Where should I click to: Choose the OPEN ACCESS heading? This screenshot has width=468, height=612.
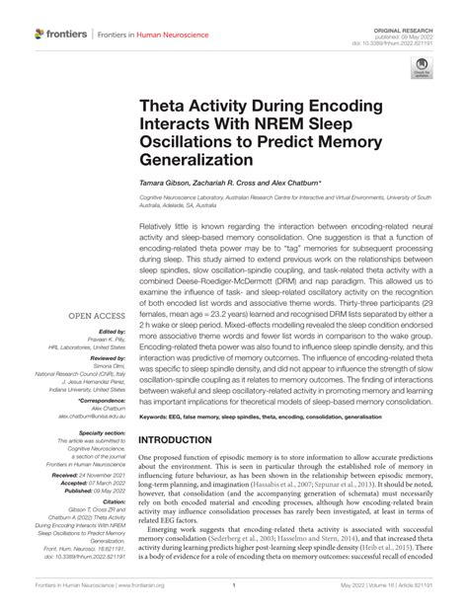point(96,317)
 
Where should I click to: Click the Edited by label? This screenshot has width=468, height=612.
point(111,332)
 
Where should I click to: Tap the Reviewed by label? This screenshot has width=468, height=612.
point(107,359)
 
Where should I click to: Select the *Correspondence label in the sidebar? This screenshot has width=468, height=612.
point(104,402)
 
